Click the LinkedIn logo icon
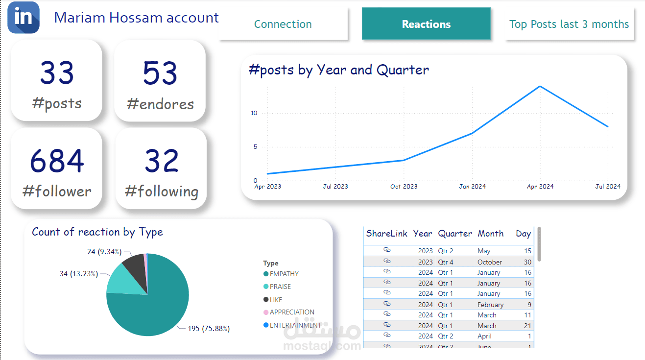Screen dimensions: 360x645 (24, 18)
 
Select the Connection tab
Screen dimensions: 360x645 (283, 24)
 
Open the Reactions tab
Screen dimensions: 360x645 (426, 24)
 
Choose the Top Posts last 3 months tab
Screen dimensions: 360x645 (569, 24)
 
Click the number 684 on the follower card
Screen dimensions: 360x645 (57, 161)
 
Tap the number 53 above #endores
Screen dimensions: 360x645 (160, 73)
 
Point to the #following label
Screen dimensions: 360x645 (162, 191)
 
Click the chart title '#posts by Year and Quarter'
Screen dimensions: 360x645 (339, 70)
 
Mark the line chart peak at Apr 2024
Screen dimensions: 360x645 (540, 87)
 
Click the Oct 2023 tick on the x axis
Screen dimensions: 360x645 (404, 187)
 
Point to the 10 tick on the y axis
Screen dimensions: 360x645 (254, 113)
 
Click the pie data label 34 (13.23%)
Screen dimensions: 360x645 (79, 274)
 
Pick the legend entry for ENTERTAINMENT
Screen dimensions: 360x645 (295, 325)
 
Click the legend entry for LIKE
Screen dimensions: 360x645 (276, 300)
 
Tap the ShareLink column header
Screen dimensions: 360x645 (386, 234)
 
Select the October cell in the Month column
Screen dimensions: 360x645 (490, 262)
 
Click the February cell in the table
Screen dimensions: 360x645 (490, 305)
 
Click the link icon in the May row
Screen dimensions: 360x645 (387, 250)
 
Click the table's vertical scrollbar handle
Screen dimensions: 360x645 (539, 244)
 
